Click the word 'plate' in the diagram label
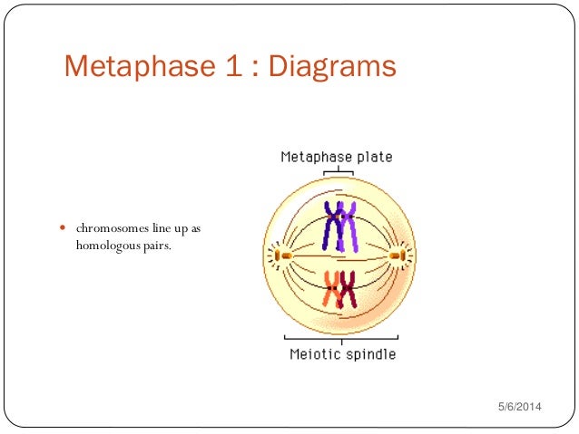(x=373, y=157)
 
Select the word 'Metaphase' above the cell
(x=316, y=157)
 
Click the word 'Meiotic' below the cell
(x=314, y=353)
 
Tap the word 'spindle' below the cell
(x=369, y=353)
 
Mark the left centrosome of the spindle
(x=282, y=257)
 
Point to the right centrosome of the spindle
(x=397, y=257)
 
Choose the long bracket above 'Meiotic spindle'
(x=339, y=339)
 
